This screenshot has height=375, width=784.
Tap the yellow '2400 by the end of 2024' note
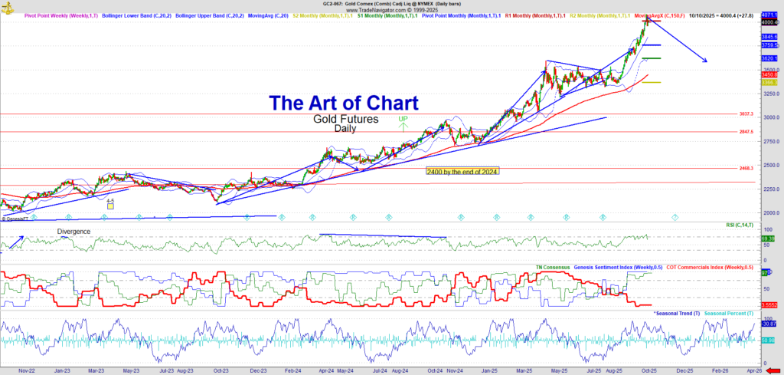462,171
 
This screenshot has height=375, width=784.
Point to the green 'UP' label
403,120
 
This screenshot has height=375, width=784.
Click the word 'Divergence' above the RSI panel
73,231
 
